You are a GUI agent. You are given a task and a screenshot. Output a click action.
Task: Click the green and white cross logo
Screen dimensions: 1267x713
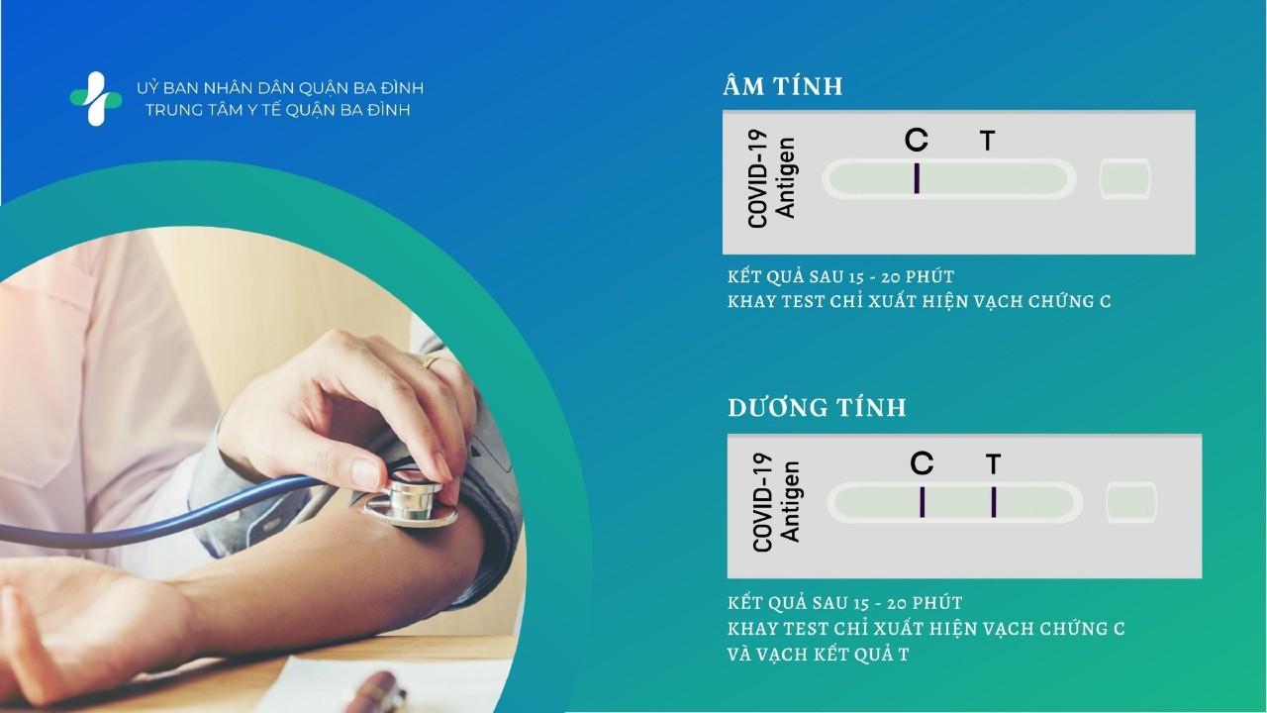coord(96,98)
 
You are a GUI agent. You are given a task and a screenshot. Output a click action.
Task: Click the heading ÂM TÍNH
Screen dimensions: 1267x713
coord(783,85)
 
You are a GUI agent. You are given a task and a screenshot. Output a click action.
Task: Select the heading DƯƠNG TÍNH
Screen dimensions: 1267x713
coord(818,407)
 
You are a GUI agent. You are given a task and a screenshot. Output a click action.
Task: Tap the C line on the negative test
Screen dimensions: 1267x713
coord(917,178)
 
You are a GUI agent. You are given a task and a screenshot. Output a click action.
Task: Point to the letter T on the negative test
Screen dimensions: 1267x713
coord(988,141)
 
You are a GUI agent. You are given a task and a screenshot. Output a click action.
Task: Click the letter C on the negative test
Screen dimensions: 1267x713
coord(917,140)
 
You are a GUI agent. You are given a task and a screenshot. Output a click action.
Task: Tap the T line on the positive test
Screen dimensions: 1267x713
coord(994,502)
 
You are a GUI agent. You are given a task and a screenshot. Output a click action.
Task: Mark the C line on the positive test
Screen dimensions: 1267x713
coord(923,502)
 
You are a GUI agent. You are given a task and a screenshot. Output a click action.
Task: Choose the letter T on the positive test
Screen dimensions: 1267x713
coord(993,464)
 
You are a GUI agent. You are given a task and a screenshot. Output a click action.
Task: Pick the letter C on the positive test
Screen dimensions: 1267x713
coord(922,463)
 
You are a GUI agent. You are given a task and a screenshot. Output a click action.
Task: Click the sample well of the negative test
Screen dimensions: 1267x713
coord(1125,179)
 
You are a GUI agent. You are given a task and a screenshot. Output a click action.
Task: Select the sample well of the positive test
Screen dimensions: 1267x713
coord(1131,502)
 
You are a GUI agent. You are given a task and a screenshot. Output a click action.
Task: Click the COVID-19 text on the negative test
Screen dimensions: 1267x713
coord(757,179)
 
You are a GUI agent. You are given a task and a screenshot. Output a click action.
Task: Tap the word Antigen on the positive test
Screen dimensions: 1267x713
coord(790,502)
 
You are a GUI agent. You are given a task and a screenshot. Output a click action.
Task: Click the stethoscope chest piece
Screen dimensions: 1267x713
coord(410,501)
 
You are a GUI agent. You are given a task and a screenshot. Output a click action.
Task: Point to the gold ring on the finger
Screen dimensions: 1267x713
coord(431,361)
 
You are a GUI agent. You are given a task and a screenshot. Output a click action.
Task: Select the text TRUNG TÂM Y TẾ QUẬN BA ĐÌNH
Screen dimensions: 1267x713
coord(278,110)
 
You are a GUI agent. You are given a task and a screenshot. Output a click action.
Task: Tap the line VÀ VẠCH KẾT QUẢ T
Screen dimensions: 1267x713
coord(818,655)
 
